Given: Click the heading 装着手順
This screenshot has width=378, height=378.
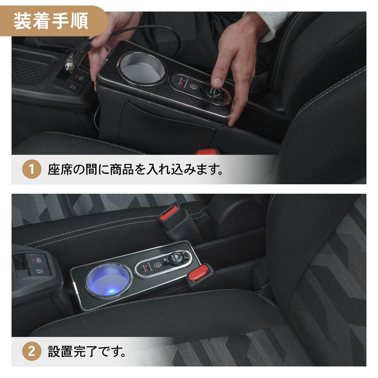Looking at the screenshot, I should (51, 21).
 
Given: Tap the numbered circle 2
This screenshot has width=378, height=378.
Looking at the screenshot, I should (31, 351).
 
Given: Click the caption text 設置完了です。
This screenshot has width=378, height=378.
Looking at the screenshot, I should (87, 351).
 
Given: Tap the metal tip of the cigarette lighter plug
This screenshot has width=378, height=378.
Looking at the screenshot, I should (69, 66).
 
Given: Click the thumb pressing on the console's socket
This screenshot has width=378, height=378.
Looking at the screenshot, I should (218, 80).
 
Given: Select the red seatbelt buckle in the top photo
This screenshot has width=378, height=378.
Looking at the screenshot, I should (205, 151).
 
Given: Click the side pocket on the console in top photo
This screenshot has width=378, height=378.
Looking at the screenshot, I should (166, 126).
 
